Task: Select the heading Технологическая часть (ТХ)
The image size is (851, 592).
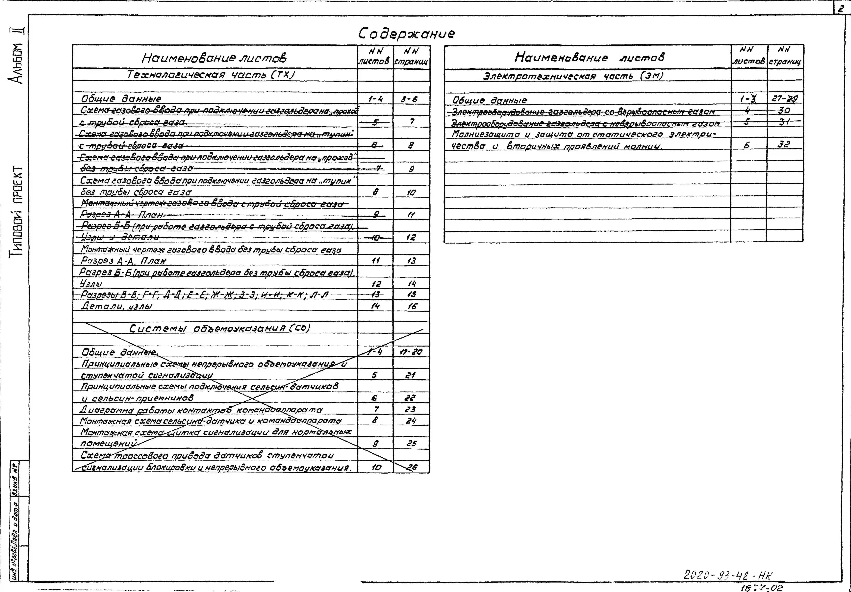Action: [x=211, y=75]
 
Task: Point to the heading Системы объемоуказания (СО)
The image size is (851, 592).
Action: [x=219, y=328]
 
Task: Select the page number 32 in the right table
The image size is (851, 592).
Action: [x=784, y=144]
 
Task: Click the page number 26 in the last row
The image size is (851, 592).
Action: [x=411, y=467]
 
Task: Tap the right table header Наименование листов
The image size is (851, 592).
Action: [x=589, y=57]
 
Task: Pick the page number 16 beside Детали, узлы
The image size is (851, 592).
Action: [x=411, y=306]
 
